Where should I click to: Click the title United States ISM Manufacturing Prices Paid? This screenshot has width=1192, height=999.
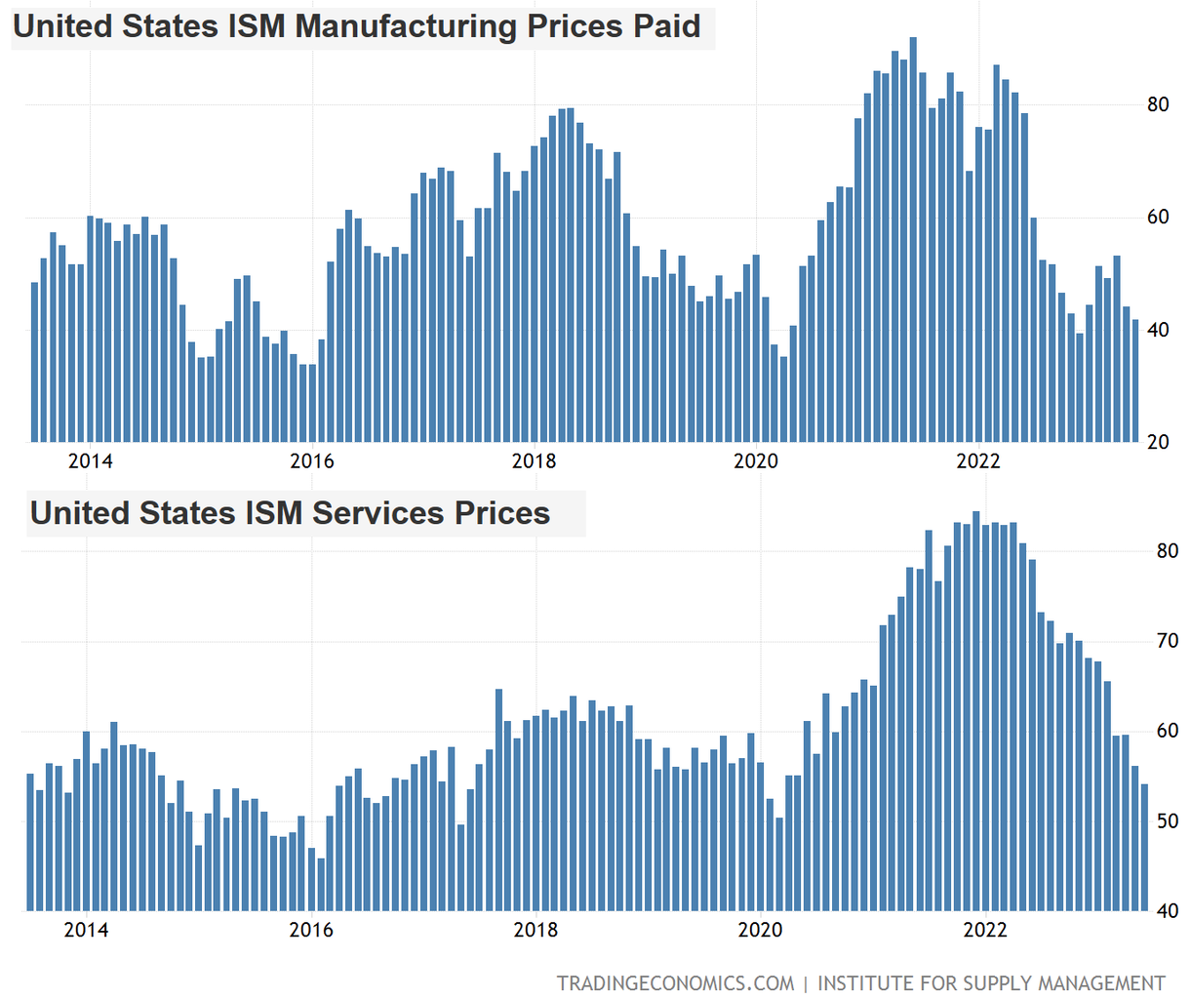356,26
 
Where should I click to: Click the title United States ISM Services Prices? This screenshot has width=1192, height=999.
290,513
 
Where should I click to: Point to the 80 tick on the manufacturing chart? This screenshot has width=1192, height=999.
1158,105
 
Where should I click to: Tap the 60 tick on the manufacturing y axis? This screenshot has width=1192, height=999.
1158,218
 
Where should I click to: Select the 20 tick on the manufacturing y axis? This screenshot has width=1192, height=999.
1158,442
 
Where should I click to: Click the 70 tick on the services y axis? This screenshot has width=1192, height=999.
1167,642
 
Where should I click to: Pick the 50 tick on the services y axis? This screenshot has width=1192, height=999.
1167,821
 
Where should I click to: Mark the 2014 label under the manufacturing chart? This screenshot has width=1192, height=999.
90,461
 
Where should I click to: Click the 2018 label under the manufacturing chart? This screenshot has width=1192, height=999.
534,461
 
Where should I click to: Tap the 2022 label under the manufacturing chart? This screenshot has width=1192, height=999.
977,461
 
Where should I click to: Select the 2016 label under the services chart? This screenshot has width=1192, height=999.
311,930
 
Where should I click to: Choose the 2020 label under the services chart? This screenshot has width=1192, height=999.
760,930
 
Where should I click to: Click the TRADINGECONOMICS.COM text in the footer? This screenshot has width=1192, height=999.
675,982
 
